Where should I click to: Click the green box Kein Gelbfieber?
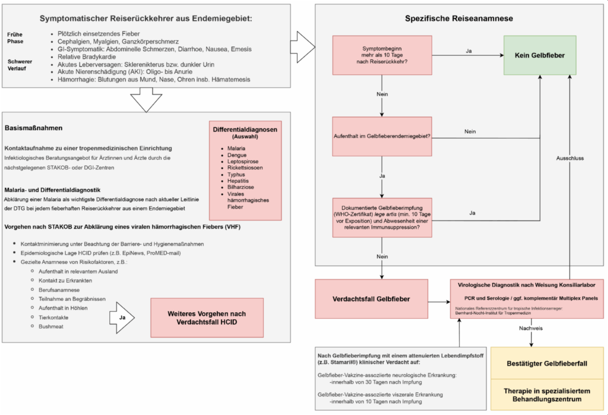540,55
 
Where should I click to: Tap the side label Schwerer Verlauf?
20,65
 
